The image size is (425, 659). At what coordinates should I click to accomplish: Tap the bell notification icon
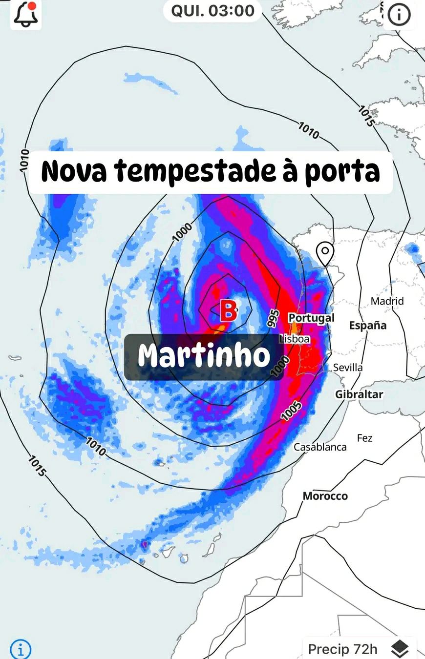tap(25, 15)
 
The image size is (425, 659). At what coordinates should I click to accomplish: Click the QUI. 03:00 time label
tap(212, 11)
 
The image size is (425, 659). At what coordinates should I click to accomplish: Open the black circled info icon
tap(399, 15)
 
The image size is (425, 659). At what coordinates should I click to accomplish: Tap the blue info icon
tap(21, 649)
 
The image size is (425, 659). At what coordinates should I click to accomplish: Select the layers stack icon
tap(400, 649)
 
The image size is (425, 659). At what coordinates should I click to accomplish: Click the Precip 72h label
tap(343, 649)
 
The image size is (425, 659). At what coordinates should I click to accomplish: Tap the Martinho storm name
tap(204, 356)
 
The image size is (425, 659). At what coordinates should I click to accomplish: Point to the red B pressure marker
tap(228, 310)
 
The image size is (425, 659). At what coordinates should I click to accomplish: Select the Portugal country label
tap(312, 318)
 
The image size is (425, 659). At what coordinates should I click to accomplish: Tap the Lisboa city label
tap(295, 338)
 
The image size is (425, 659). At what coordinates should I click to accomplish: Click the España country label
tap(367, 326)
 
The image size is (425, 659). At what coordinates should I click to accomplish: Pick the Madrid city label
tap(387, 301)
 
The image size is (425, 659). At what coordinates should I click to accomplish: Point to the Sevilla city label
tap(348, 368)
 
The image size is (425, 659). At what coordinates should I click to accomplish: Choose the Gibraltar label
tap(359, 394)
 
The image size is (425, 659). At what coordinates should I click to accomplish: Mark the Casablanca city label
tap(320, 447)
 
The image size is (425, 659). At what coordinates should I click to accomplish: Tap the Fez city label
tap(364, 438)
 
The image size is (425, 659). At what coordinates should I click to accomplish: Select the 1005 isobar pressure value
tap(292, 411)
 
